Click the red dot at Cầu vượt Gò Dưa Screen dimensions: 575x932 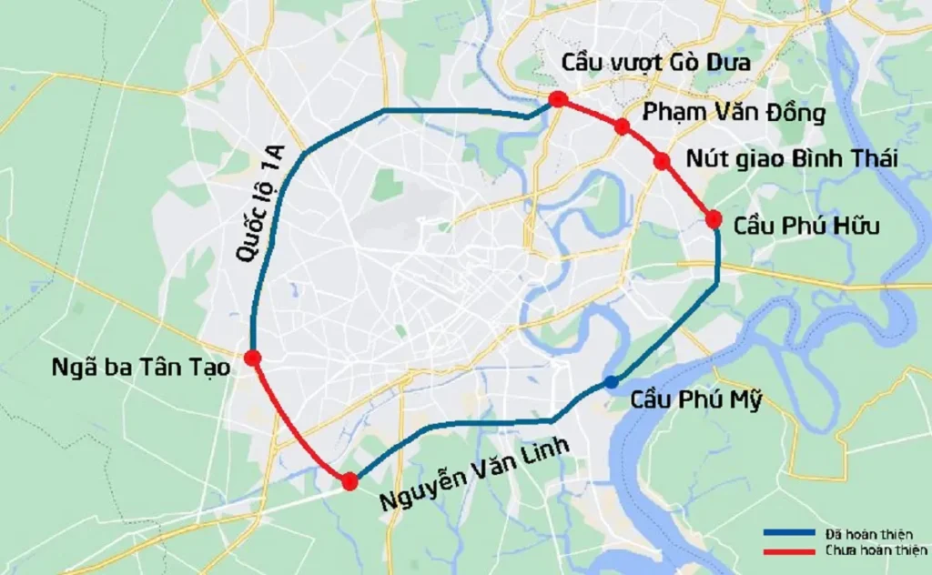coord(558,99)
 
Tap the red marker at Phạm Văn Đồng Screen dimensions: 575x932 coord(623,126)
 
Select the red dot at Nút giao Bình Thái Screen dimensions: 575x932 coord(662,162)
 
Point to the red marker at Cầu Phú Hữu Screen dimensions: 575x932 coord(714,218)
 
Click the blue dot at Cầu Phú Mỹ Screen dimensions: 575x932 coord(611,381)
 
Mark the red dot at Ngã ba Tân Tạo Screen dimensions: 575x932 coord(253,358)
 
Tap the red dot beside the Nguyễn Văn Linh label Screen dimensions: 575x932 coord(349,481)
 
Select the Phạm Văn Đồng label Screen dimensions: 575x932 coord(734,114)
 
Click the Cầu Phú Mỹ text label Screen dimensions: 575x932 coord(694,399)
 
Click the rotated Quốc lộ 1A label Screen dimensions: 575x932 coord(263,205)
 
